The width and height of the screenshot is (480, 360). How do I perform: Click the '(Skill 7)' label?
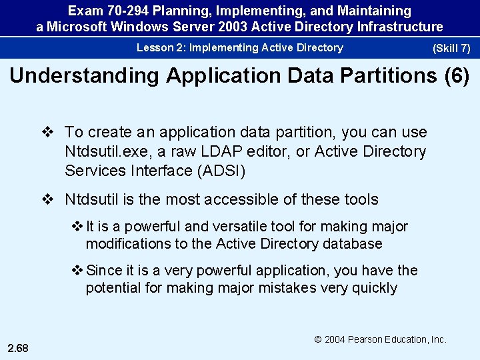pyautogui.click(x=451, y=49)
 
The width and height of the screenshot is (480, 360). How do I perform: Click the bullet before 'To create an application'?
pyautogui.click(x=47, y=133)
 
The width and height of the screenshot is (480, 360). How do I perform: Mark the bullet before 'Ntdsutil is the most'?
pyautogui.click(x=47, y=199)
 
